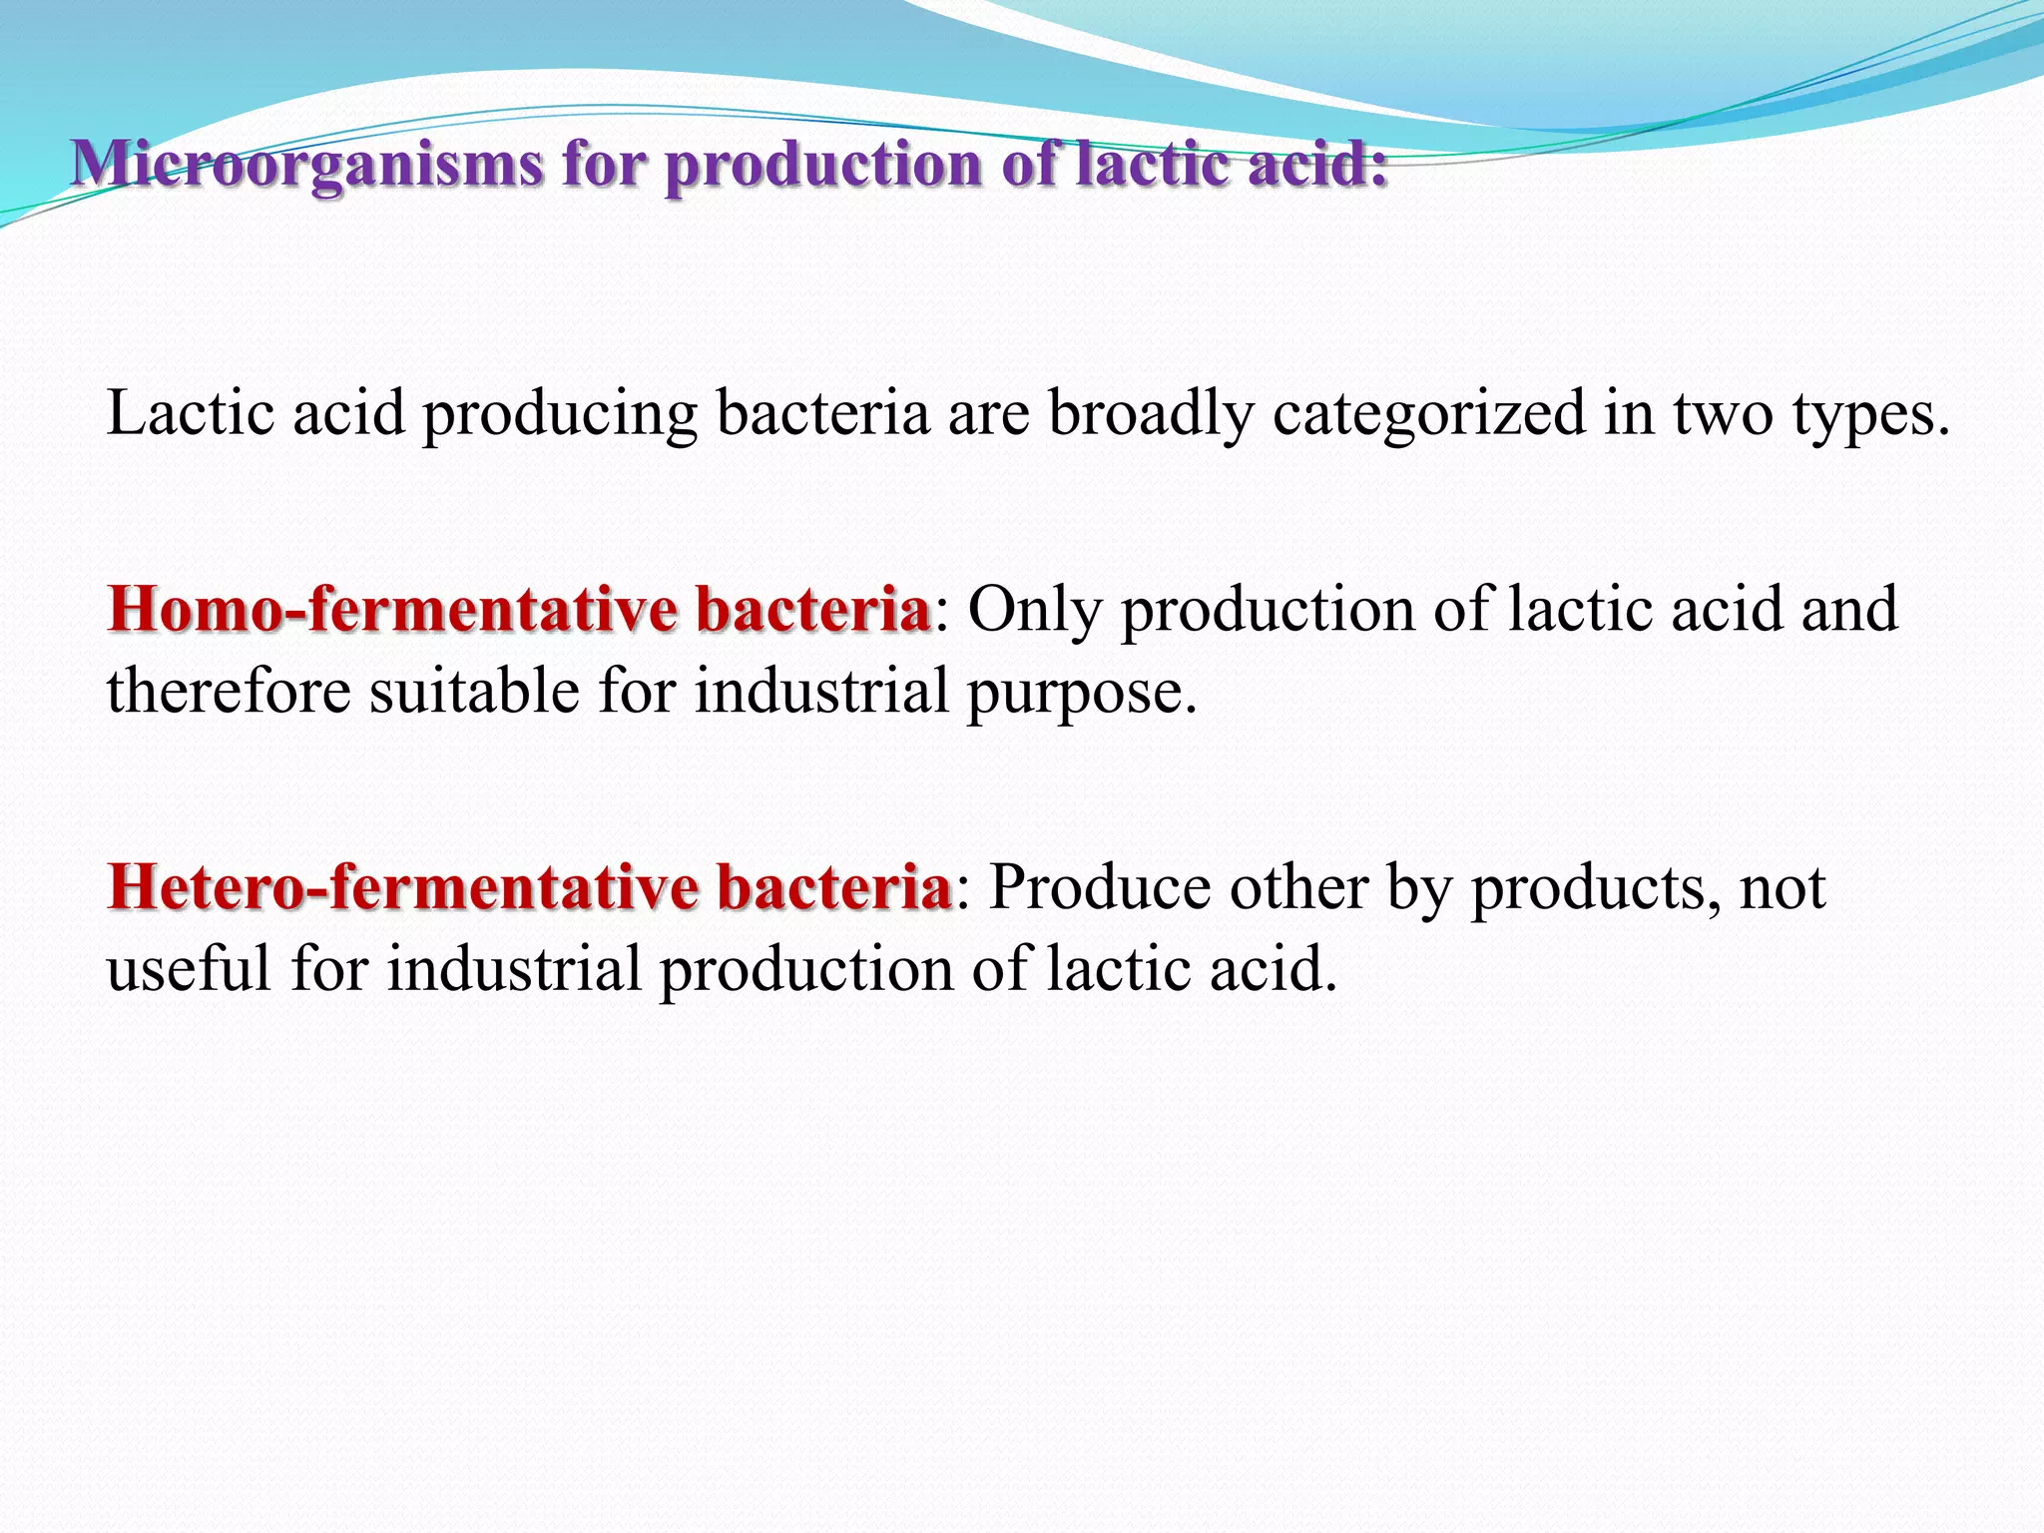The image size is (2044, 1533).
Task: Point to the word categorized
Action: (1428, 413)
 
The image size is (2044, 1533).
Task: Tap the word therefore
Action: (229, 691)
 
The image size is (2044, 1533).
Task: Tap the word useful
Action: (189, 968)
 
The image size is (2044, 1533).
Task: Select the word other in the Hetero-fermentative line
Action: (1298, 886)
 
